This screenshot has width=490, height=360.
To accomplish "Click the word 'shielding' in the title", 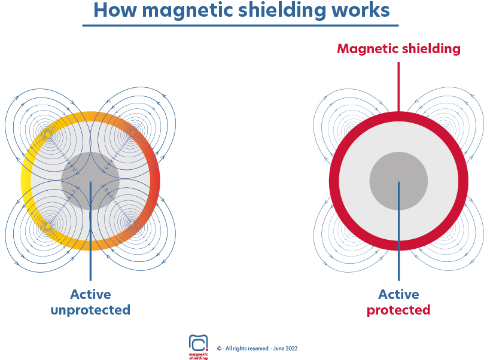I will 284,10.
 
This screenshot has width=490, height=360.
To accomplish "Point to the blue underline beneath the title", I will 240,26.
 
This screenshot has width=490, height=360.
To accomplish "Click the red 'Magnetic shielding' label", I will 398,49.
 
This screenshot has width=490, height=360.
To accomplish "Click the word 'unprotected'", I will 90,310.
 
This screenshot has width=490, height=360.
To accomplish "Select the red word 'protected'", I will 398,310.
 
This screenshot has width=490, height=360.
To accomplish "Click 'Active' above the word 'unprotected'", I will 90,294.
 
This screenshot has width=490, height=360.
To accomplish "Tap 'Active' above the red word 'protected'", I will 398,294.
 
